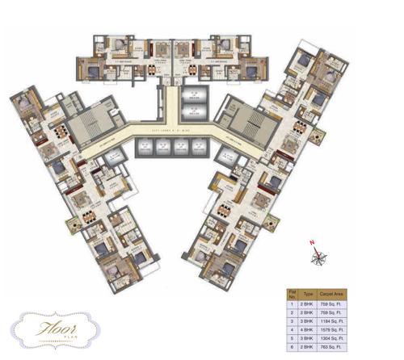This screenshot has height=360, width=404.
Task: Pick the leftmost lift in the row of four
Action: click(146, 147)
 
